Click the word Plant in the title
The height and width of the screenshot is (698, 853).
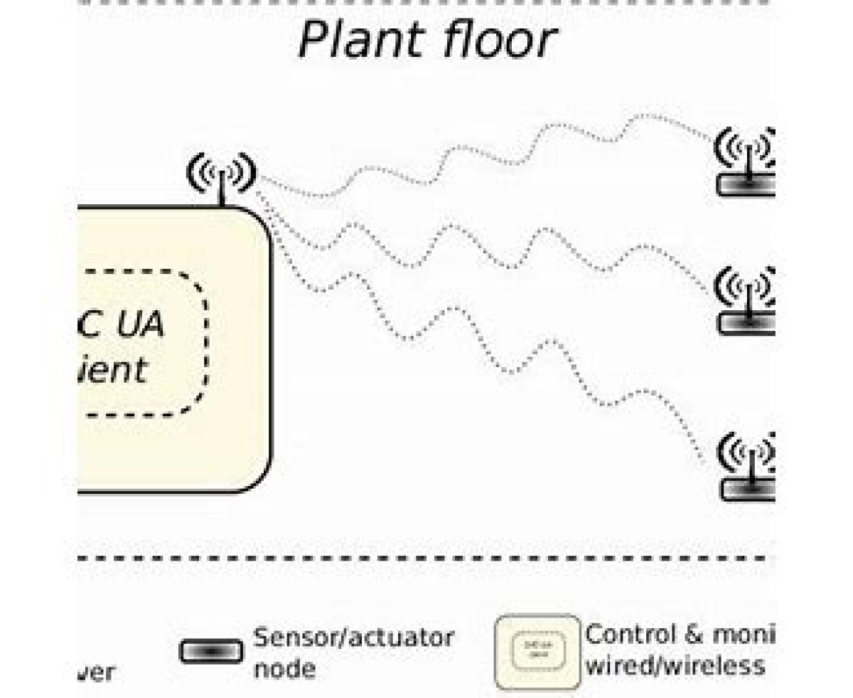click(x=360, y=40)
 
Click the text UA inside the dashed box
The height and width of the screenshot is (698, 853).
click(x=139, y=324)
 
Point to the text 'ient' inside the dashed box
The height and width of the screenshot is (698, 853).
click(x=114, y=370)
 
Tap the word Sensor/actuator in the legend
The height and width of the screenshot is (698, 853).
click(x=353, y=638)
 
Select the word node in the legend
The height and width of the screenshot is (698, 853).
click(x=284, y=669)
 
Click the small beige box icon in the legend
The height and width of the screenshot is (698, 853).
click(x=537, y=652)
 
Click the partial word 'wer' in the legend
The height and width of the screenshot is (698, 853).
click(x=96, y=672)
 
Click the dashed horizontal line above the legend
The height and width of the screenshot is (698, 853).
click(x=426, y=558)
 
